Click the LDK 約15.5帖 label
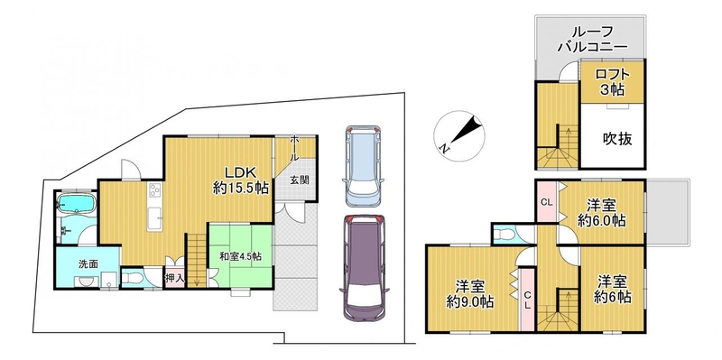click(x=240, y=180)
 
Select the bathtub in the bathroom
click(x=76, y=204)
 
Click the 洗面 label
click(x=85, y=264)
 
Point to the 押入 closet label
click(x=174, y=278)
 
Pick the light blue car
click(x=365, y=165)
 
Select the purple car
click(x=365, y=268)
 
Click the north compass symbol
click(x=459, y=136)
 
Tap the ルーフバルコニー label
click(x=592, y=38)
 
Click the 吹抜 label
click(x=617, y=138)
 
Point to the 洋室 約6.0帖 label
click(x=601, y=213)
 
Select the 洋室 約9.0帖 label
click(x=470, y=294)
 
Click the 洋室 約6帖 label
click(x=613, y=289)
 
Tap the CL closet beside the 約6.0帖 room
click(x=547, y=201)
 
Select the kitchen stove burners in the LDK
click(x=154, y=190)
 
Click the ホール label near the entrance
click(x=295, y=148)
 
